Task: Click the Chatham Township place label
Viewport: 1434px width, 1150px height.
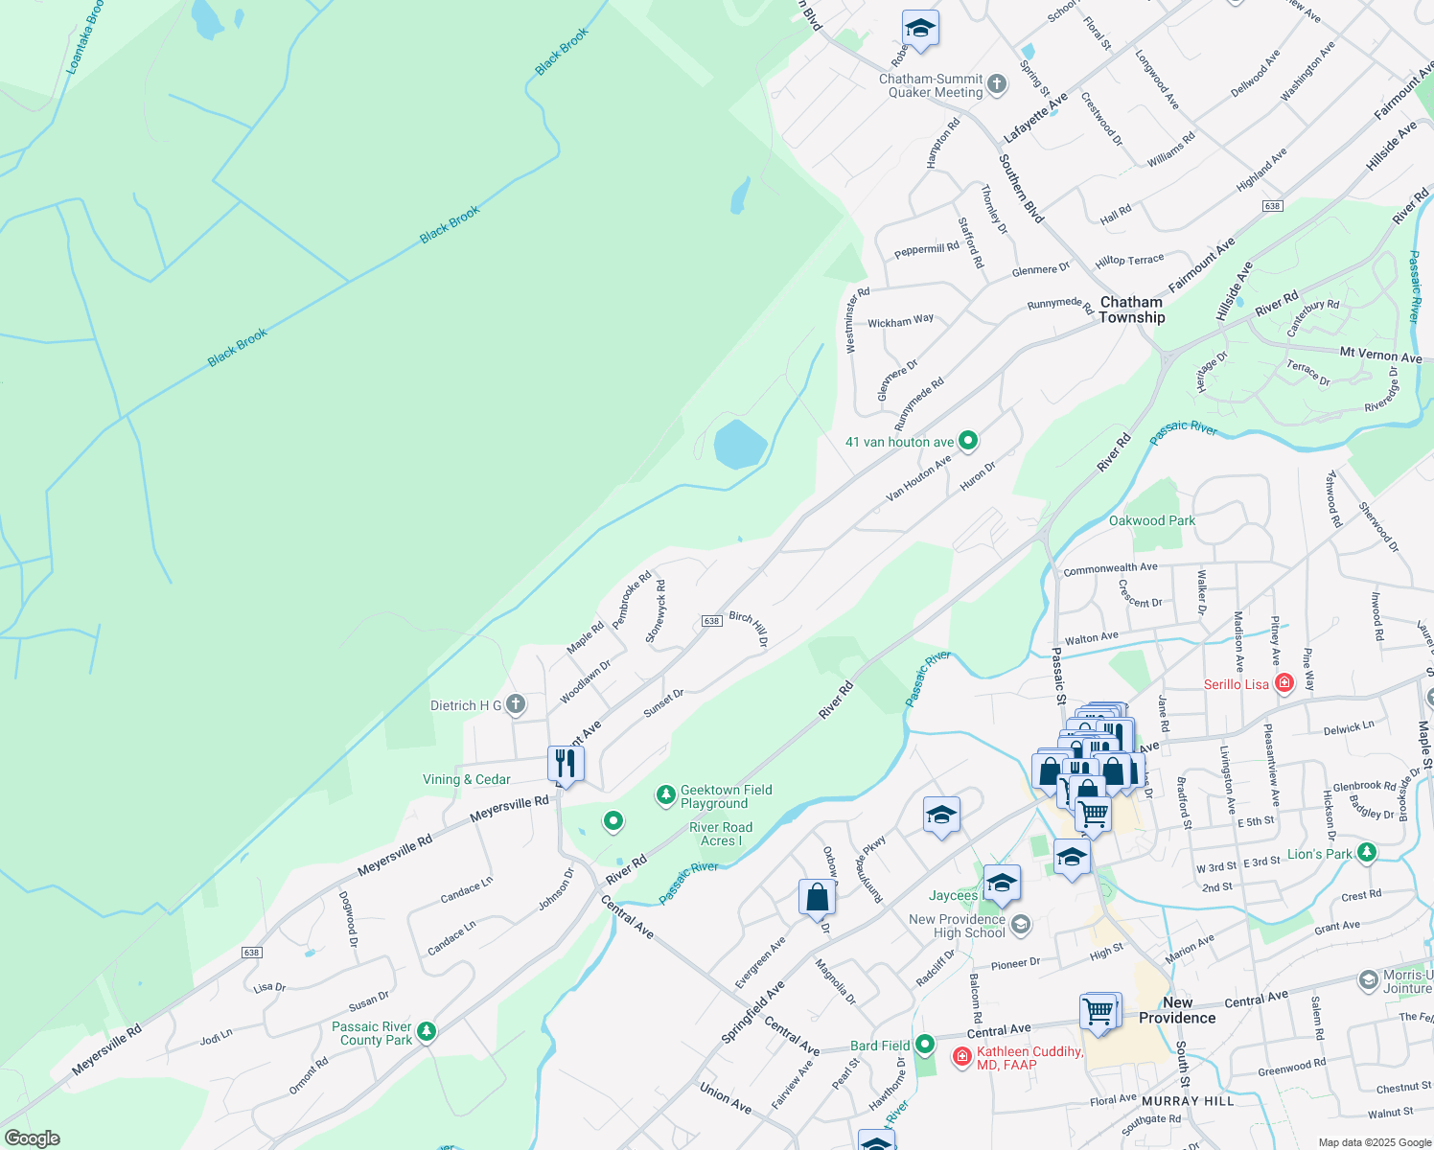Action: click(x=1132, y=310)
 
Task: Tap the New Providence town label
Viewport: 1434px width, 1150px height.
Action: click(x=1177, y=1010)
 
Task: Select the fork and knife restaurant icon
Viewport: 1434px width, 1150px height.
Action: click(x=566, y=764)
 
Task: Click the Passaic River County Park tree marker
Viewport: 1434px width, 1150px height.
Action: click(x=427, y=1032)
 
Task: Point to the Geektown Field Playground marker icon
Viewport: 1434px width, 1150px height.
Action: click(x=665, y=795)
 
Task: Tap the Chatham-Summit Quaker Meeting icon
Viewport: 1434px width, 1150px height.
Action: click(x=997, y=84)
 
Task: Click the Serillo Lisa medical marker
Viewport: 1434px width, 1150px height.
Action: click(x=1284, y=683)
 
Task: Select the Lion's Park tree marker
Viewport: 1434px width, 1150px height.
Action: click(x=1367, y=853)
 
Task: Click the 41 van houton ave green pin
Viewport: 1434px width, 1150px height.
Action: click(x=968, y=441)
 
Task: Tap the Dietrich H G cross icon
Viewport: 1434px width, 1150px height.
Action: click(x=516, y=705)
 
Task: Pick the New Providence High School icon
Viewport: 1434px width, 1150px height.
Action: click(x=1021, y=924)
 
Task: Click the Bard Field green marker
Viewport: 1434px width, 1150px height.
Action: click(x=924, y=1045)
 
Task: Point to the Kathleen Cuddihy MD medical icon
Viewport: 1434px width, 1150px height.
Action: click(x=961, y=1056)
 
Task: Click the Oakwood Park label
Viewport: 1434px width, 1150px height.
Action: click(x=1151, y=520)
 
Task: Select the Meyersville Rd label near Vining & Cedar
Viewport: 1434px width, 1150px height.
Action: click(x=509, y=809)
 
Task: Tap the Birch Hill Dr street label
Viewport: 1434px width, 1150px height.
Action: click(x=749, y=629)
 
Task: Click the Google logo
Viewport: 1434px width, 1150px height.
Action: click(x=32, y=1138)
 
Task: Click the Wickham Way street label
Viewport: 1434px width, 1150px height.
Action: click(x=900, y=321)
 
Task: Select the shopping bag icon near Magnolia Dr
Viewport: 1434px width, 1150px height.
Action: click(x=817, y=897)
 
